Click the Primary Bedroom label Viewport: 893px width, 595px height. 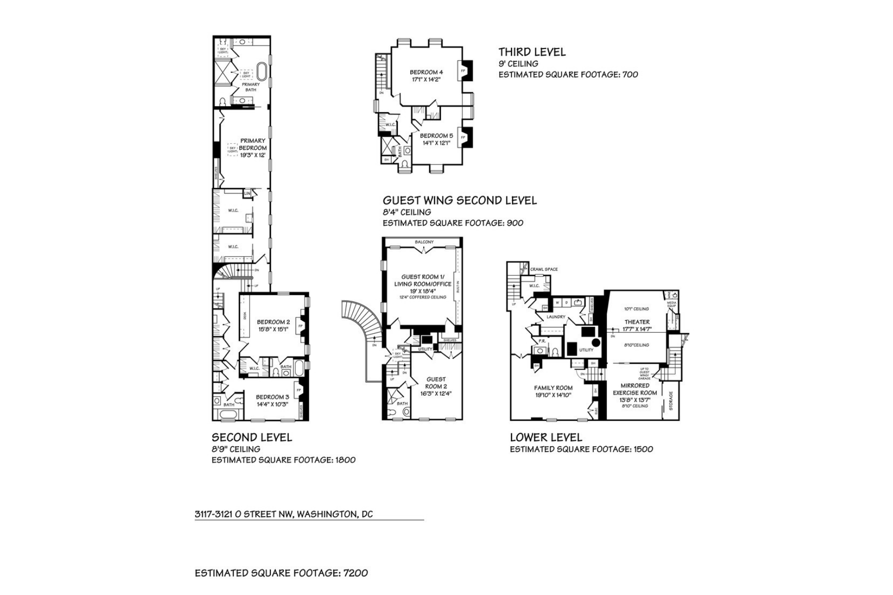click(x=253, y=144)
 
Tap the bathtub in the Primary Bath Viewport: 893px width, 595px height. click(x=261, y=72)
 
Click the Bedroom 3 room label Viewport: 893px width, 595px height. click(x=272, y=397)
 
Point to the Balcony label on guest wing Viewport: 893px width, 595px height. click(x=424, y=242)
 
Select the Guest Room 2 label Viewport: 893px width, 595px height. click(x=436, y=383)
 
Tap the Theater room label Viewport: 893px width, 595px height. click(x=637, y=322)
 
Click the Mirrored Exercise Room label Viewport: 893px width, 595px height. click(x=635, y=389)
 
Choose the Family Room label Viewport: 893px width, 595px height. click(x=553, y=388)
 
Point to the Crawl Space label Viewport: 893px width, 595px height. click(x=544, y=269)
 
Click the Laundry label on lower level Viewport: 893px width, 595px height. click(x=556, y=317)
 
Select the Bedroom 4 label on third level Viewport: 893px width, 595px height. click(x=426, y=72)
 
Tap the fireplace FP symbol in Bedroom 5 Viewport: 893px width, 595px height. click(x=463, y=137)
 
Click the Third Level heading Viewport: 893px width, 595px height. click(x=532, y=52)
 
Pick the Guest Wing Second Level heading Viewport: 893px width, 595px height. click(x=459, y=200)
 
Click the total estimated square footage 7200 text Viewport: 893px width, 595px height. click(x=281, y=573)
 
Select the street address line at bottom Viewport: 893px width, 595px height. click(x=284, y=514)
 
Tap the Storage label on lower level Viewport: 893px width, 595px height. click(x=671, y=401)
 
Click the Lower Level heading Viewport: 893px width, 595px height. click(x=546, y=437)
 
